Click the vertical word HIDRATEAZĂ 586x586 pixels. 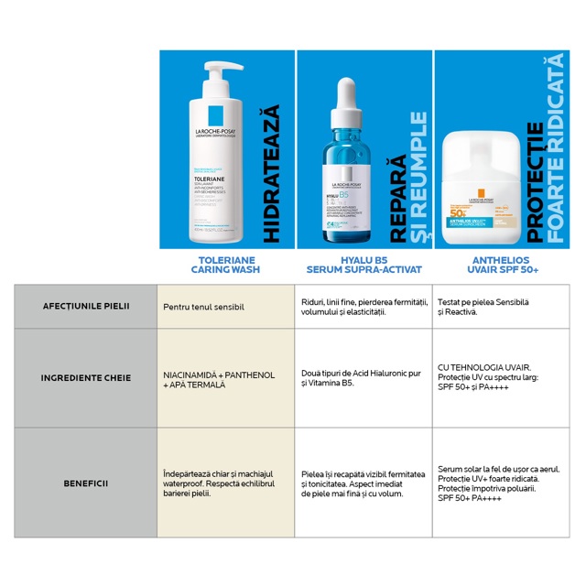[270, 174]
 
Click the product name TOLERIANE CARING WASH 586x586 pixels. [222, 265]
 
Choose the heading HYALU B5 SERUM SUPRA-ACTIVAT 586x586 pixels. [364, 265]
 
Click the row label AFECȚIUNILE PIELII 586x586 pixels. [85, 305]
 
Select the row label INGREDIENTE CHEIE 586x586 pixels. [85, 377]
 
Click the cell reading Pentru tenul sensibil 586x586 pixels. [202, 306]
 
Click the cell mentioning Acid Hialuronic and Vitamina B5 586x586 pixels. [361, 379]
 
